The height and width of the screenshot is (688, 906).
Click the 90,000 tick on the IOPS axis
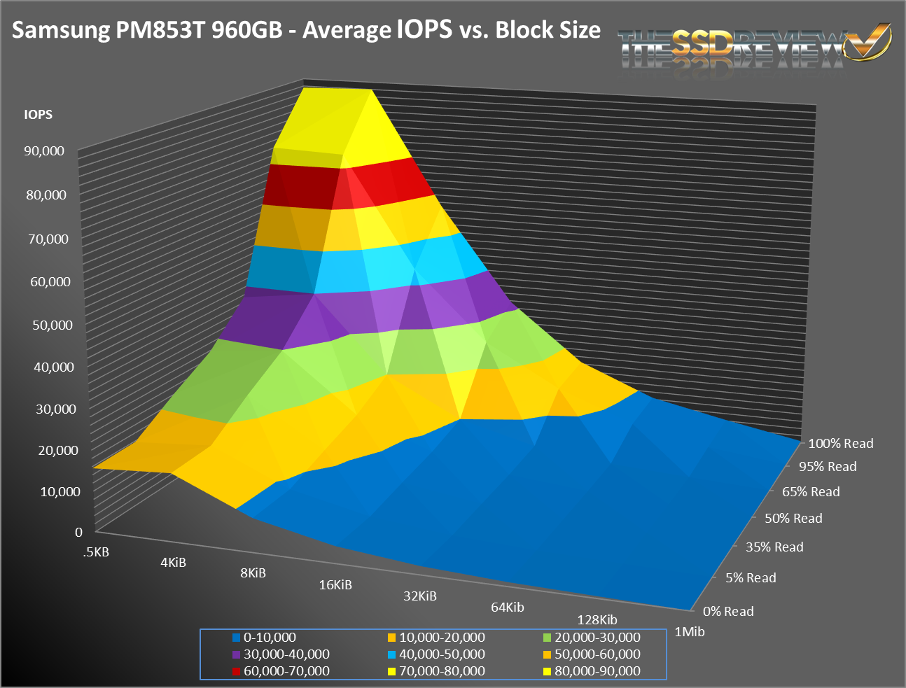pos(44,151)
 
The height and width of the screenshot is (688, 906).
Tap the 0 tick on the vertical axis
pos(78,532)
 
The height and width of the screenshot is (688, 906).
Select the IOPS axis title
pos(38,115)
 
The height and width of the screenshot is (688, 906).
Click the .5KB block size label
pos(96,552)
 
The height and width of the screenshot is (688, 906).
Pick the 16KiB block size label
pos(335,585)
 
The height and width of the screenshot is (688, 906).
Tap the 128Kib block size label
pos(597,620)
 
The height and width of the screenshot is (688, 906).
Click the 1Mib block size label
pos(689,632)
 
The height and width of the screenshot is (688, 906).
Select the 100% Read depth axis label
pos(840,444)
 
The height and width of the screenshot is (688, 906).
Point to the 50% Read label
pos(793,519)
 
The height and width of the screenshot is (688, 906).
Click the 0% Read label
pos(728,612)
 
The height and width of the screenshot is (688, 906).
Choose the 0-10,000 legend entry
pos(270,638)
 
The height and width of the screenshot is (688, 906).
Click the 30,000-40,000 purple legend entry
pos(286,654)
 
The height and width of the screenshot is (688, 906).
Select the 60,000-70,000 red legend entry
pos(286,671)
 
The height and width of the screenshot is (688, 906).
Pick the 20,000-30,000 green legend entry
pos(597,638)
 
